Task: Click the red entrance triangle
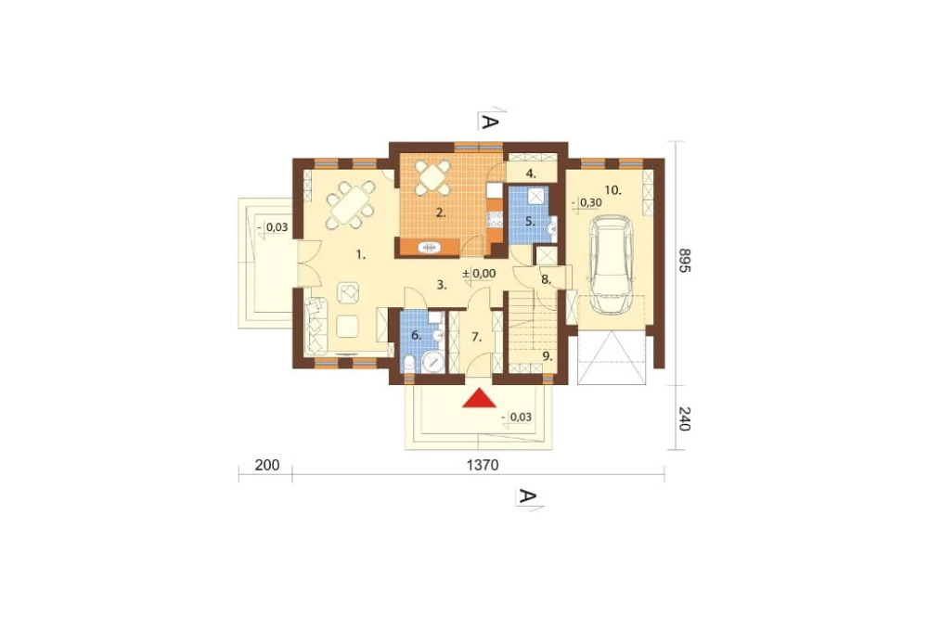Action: click(480, 398)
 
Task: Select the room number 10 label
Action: click(612, 190)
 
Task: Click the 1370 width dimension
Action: click(483, 465)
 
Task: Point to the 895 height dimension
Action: click(684, 260)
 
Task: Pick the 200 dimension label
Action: click(267, 465)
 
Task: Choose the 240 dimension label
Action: click(684, 418)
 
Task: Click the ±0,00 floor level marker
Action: click(479, 274)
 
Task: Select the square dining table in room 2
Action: click(433, 177)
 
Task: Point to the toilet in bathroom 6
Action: click(409, 363)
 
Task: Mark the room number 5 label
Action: click(530, 222)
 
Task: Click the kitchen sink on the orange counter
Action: click(428, 248)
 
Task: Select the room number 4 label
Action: click(531, 174)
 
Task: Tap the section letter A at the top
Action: click(489, 122)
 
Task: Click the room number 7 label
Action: click(476, 338)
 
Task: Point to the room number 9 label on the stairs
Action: click(548, 356)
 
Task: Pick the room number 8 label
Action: click(546, 280)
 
